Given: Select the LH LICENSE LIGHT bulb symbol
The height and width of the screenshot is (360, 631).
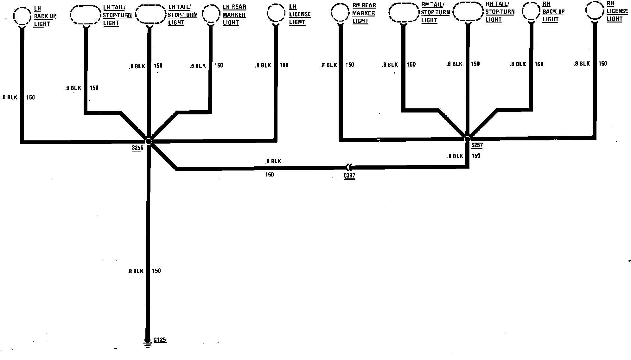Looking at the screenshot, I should tap(276, 14).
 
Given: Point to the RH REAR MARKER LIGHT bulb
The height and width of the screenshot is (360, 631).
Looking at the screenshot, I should tap(340, 13).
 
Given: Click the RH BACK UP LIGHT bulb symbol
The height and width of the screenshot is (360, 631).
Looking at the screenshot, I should tap(531, 11).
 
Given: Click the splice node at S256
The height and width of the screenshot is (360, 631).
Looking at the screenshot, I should tap(148, 141).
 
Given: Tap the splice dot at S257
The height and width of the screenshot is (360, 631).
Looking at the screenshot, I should tap(467, 139).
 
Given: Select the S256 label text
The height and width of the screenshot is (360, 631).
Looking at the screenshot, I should tap(138, 148).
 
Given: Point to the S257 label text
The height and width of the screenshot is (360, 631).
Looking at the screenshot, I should tap(477, 145).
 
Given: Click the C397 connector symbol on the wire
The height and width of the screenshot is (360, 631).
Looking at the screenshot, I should tap(348, 167).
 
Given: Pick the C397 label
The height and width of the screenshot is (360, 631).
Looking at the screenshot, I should tap(349, 176).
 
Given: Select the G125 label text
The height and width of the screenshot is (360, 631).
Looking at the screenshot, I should tap(160, 340).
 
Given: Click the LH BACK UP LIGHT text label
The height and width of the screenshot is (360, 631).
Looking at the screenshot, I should tap(45, 16).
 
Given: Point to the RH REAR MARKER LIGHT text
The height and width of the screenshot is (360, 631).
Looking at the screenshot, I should tap(364, 13).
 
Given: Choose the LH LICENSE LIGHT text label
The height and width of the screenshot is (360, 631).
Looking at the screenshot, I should tap(299, 14).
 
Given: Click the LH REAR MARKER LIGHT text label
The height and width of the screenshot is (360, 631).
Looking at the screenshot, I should tap(234, 15).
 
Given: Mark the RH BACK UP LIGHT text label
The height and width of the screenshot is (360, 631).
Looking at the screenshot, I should tap(553, 11).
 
